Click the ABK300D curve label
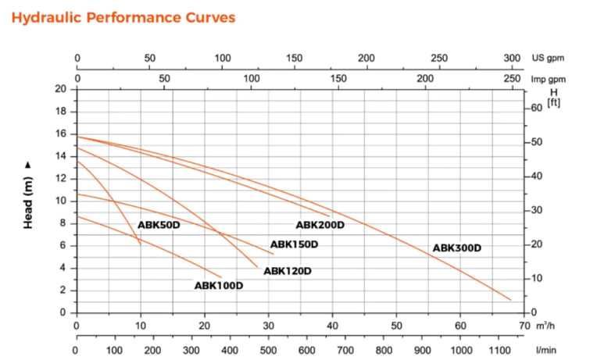(x=456, y=248)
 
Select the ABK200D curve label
(x=320, y=225)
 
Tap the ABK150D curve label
(x=294, y=244)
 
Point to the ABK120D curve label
(x=288, y=271)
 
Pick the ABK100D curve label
(x=219, y=286)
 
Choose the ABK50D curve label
(x=159, y=225)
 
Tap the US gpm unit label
(x=548, y=59)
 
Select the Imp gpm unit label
(x=549, y=79)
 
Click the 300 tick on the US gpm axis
(x=512, y=59)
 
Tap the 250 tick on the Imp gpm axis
(x=512, y=79)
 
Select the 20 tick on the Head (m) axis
(x=60, y=88)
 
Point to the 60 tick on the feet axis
(x=536, y=108)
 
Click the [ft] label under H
(x=553, y=102)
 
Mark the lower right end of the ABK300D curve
(x=510, y=299)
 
